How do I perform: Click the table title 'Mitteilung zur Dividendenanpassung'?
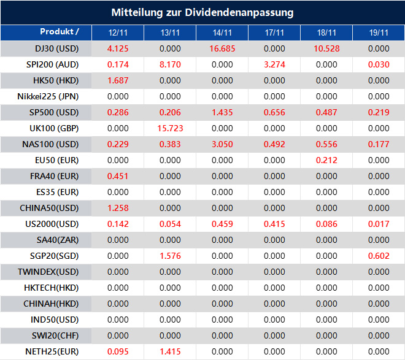[x=202, y=12]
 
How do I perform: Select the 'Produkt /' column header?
[x=60, y=32]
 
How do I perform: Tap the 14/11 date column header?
[x=222, y=33]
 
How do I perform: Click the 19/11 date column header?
[x=379, y=33]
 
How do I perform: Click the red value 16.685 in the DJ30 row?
[x=222, y=48]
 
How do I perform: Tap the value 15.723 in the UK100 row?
[x=170, y=128]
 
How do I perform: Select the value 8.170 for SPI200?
[x=170, y=64]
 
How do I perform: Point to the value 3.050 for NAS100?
[x=222, y=144]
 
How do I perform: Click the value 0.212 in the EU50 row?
[x=326, y=160]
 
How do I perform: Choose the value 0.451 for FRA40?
[x=118, y=176]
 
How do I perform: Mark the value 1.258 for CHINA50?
[x=118, y=208]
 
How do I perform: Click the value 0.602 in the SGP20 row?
[x=379, y=256]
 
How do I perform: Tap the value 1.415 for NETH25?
[x=170, y=351]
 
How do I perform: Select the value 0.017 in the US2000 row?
[x=379, y=224]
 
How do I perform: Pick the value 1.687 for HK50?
[x=118, y=80]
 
